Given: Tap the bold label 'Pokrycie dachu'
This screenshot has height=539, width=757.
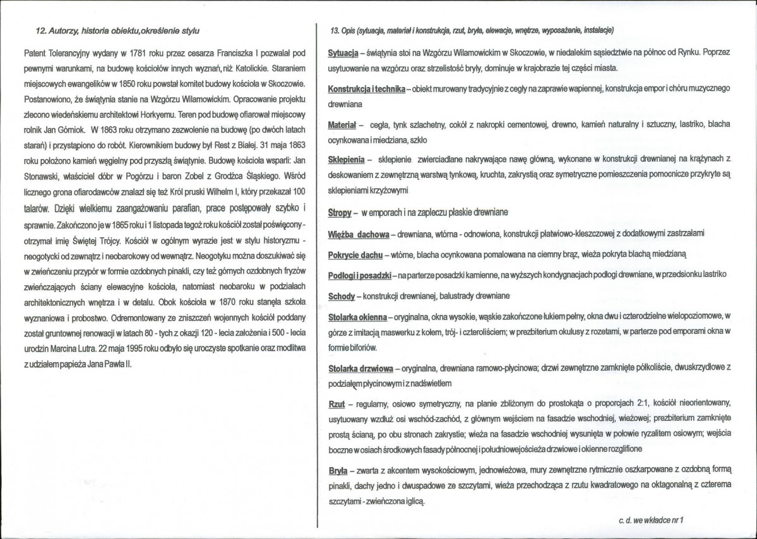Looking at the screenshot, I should coord(355,254).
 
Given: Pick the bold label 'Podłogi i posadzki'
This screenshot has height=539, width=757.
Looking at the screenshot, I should coord(360,275).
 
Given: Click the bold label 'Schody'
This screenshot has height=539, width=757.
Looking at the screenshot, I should coord(342,296).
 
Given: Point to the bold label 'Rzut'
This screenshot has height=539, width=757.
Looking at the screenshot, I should coord(337,402).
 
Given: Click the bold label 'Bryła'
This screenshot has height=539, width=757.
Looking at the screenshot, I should coord(338,470).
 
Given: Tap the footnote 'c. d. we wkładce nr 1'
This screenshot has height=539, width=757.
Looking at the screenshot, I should coord(652,521).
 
